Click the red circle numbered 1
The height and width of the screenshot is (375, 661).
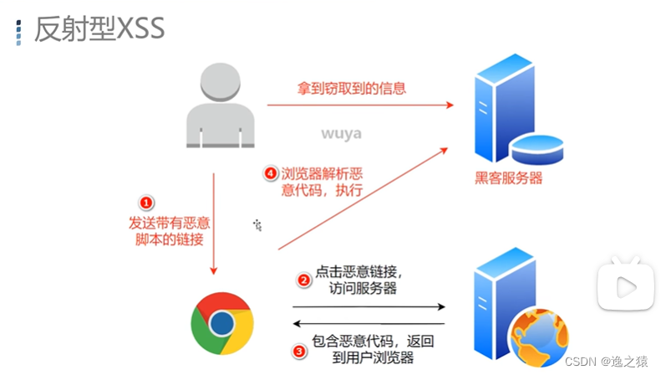coord(146,203)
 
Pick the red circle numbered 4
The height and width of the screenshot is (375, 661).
coord(269,174)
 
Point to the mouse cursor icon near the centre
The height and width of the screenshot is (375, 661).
coord(259,224)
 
